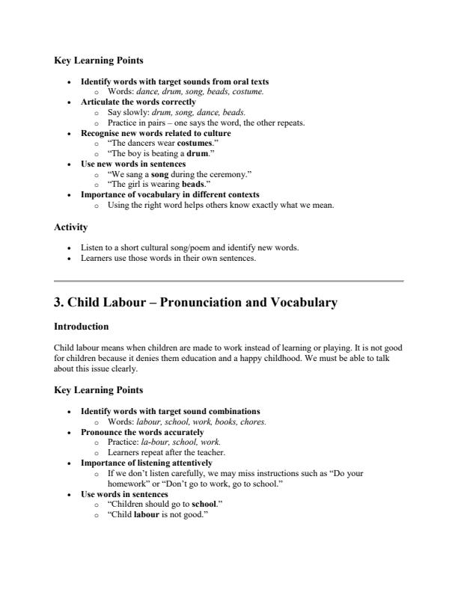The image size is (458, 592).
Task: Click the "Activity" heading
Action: point(71,226)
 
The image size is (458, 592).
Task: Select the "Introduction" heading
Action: point(82,327)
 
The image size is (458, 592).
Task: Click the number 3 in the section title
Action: point(58,303)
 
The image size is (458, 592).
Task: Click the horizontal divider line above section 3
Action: point(229,281)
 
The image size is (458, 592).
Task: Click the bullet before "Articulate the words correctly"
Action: point(70,102)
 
